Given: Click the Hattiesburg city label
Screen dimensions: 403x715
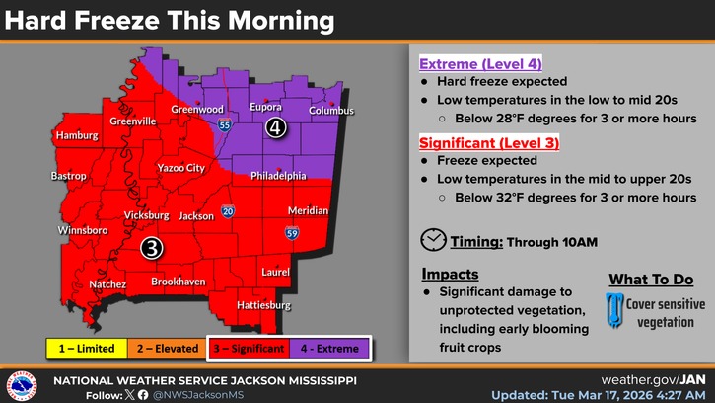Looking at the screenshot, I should tap(264, 305).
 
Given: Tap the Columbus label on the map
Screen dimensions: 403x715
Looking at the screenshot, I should tap(331, 111).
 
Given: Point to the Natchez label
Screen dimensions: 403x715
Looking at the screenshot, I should tap(107, 284).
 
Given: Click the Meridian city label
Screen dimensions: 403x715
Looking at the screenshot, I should tap(308, 211).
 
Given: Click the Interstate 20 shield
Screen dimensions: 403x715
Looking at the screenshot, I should tap(228, 211).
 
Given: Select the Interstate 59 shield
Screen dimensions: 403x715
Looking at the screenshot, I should tap(292, 233).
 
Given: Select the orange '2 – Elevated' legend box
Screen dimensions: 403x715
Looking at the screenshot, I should tap(167, 348).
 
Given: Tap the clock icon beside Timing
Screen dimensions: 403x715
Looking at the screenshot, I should tap(432, 240).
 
